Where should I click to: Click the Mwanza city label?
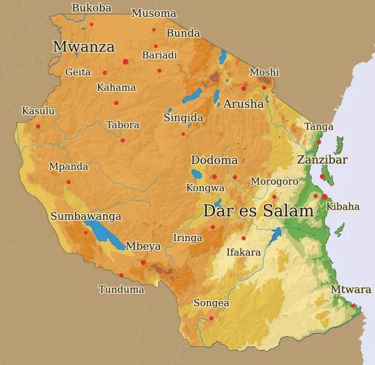[x=84, y=47]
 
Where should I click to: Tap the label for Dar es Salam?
[x=258, y=211]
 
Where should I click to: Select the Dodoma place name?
[x=214, y=160]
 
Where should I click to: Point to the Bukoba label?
[x=92, y=8]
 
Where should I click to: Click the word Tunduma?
[x=121, y=289]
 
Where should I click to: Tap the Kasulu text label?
[x=38, y=111]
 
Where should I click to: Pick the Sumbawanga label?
[x=86, y=216]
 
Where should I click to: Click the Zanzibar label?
[x=322, y=160]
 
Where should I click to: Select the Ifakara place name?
[x=243, y=252]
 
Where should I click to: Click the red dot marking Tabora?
[x=122, y=140]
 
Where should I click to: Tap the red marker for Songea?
[x=211, y=319]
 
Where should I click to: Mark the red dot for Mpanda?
[x=69, y=182]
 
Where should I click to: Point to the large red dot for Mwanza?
[x=126, y=61]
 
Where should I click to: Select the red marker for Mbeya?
[x=143, y=262]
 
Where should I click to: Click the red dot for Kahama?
[x=116, y=103]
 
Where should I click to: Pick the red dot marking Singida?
[x=183, y=133]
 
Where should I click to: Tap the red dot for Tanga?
[x=319, y=142]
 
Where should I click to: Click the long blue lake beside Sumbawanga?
[x=104, y=235]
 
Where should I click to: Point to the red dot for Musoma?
[x=154, y=29]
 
